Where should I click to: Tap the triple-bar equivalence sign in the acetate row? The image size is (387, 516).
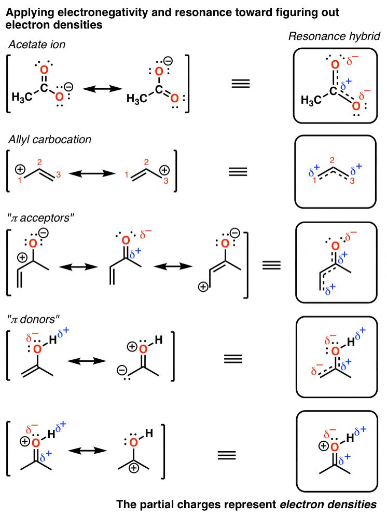coord(240,84)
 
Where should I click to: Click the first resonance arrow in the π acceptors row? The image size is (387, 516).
coord(79,266)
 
